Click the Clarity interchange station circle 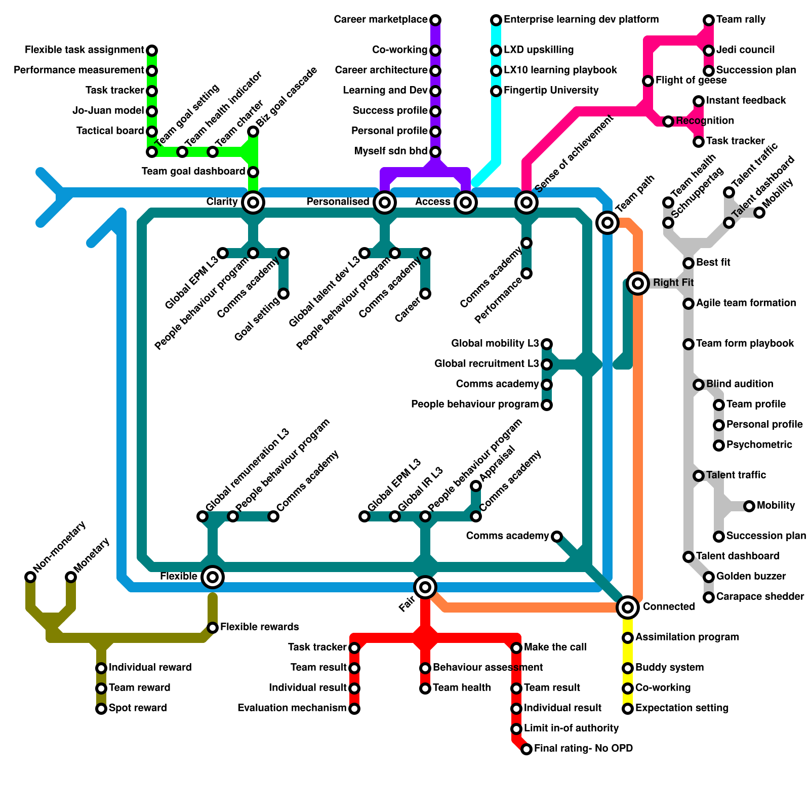coord(253,202)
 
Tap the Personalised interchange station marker coord(385,202)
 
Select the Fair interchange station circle coord(425,587)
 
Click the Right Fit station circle coord(638,283)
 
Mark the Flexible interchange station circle coord(213,577)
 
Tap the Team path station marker coord(607,222)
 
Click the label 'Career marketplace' coord(381,20)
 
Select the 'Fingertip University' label coord(551,91)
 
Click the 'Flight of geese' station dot coord(648,81)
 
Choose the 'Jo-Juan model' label coord(108,111)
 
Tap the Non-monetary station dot coord(30,577)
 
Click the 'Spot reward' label coord(138,708)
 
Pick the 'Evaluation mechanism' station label coord(292,708)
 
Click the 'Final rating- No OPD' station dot coord(526,749)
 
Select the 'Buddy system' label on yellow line coord(669,668)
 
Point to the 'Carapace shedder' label coord(760,597)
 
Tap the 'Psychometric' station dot coord(719,445)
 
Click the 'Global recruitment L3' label coord(487,364)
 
